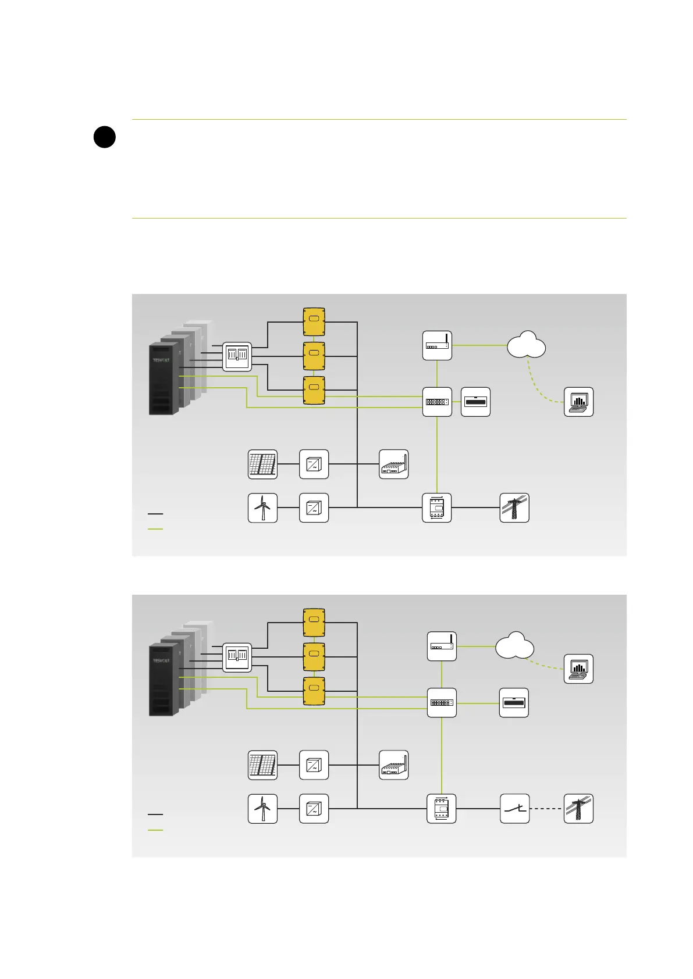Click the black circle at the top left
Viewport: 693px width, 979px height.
[104, 137]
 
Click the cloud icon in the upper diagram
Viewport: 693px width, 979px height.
[526, 345]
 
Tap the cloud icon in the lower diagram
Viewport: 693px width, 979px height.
[514, 645]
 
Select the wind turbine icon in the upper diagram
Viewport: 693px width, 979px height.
[262, 508]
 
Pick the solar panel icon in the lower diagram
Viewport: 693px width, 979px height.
[262, 765]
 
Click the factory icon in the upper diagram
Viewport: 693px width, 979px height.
[393, 464]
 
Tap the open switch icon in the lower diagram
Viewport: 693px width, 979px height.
[514, 809]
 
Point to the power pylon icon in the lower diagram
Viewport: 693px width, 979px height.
[578, 809]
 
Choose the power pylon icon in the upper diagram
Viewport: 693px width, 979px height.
[514, 508]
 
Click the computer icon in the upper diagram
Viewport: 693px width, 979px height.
[578, 402]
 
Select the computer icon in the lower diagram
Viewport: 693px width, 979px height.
[578, 669]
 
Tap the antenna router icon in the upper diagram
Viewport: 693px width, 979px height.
[437, 345]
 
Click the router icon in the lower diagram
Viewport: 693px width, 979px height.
[442, 646]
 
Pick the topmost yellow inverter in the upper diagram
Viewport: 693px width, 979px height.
[314, 321]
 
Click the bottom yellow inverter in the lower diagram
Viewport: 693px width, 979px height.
[314, 691]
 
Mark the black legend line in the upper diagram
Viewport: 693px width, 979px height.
[155, 514]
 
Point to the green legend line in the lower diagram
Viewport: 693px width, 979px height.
[155, 830]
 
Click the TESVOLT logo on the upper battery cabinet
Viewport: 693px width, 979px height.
[161, 360]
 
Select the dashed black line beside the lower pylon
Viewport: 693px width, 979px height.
[546, 809]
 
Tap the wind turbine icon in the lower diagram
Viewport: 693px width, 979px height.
[262, 809]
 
